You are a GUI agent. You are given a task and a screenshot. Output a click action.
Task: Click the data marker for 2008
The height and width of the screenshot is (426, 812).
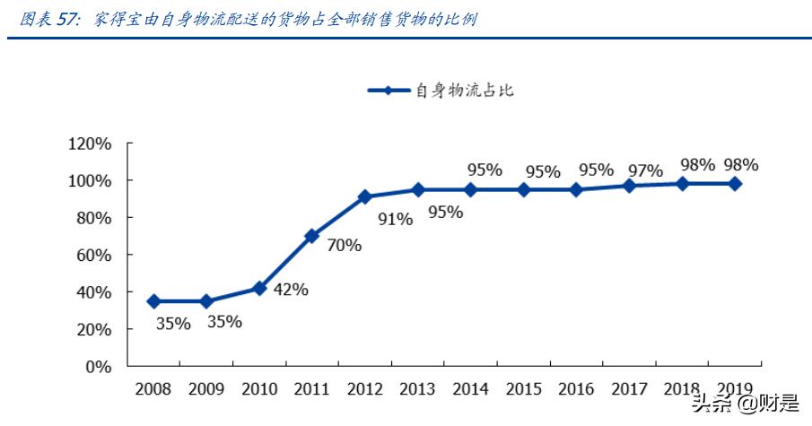click(x=153, y=301)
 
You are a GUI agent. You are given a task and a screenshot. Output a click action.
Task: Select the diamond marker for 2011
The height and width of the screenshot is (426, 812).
click(x=311, y=236)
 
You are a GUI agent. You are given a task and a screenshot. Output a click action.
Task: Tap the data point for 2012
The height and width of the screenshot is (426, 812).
click(x=364, y=196)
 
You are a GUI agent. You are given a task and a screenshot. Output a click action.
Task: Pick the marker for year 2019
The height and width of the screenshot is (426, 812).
click(x=735, y=183)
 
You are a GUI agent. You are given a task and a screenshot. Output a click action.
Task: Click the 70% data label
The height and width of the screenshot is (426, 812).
click(x=344, y=245)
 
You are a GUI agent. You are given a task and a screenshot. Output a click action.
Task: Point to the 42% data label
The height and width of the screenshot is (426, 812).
click(x=290, y=289)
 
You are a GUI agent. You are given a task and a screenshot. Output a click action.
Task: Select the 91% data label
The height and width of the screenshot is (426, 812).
click(x=395, y=218)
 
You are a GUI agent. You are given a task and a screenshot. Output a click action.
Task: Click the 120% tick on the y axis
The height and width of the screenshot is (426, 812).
click(x=89, y=143)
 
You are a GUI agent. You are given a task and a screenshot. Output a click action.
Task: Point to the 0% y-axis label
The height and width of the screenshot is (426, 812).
click(x=98, y=367)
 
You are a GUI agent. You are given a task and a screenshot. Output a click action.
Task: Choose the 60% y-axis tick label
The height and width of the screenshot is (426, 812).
click(x=93, y=256)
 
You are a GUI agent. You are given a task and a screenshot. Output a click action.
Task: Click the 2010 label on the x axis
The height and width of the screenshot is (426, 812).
click(x=259, y=390)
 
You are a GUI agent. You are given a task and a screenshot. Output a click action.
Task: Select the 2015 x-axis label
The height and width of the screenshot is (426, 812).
click(x=524, y=390)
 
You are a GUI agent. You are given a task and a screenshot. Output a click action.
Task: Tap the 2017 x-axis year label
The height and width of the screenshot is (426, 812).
click(x=629, y=390)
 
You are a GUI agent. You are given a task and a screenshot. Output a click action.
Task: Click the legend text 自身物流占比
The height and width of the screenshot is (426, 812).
click(x=464, y=91)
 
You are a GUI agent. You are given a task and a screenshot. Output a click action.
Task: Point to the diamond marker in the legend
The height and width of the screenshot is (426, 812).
click(x=388, y=91)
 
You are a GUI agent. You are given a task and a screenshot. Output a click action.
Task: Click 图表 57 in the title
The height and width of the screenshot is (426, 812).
click(x=50, y=19)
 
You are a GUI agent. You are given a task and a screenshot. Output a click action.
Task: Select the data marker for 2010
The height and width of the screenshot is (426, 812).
click(x=259, y=288)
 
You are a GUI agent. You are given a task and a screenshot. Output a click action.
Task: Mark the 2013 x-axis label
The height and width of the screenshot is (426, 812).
click(x=418, y=390)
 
